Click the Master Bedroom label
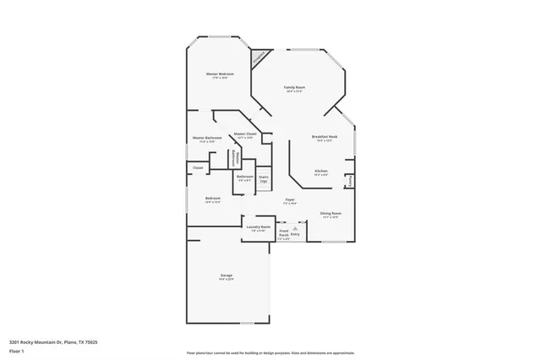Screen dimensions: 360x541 (220, 75)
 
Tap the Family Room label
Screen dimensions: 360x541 (293, 89)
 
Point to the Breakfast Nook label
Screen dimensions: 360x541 (325, 138)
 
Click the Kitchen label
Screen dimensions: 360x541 (321, 172)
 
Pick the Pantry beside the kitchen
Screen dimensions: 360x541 (350, 181)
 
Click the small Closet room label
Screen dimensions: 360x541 (198, 168)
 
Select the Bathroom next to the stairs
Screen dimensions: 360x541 (245, 177)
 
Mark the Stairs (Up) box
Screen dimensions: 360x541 (264, 179)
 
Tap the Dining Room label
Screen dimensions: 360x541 (331, 215)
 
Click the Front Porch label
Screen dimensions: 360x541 (284, 234)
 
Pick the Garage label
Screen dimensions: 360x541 (227, 276)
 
